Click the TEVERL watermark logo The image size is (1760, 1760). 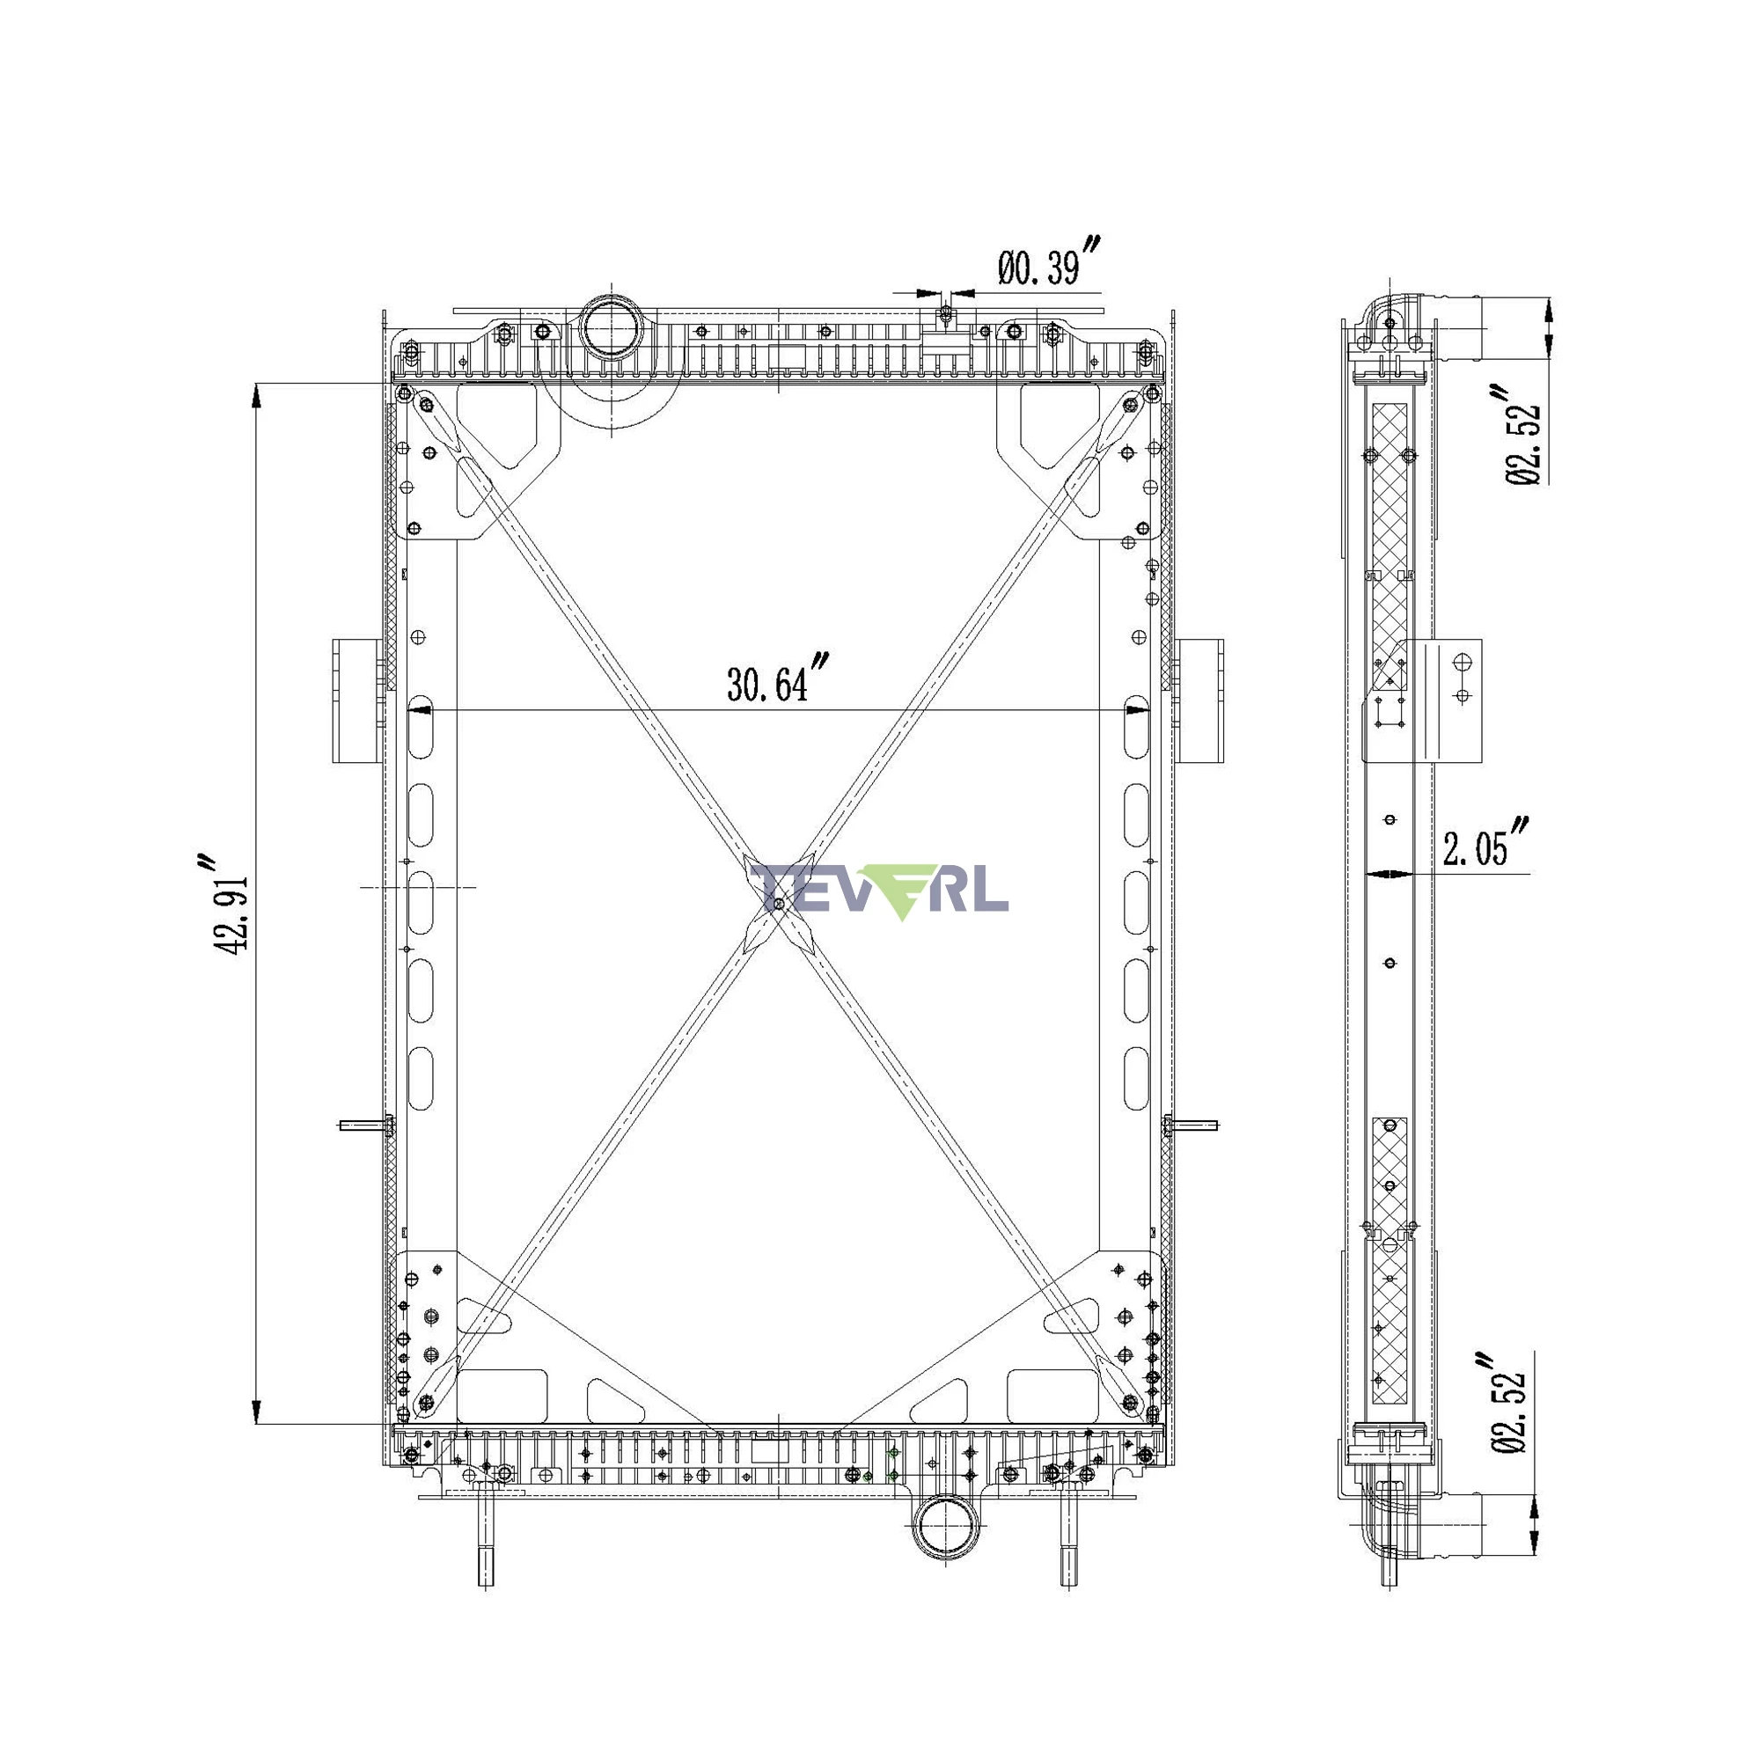[x=880, y=890]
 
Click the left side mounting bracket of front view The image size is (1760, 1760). [x=356, y=700]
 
